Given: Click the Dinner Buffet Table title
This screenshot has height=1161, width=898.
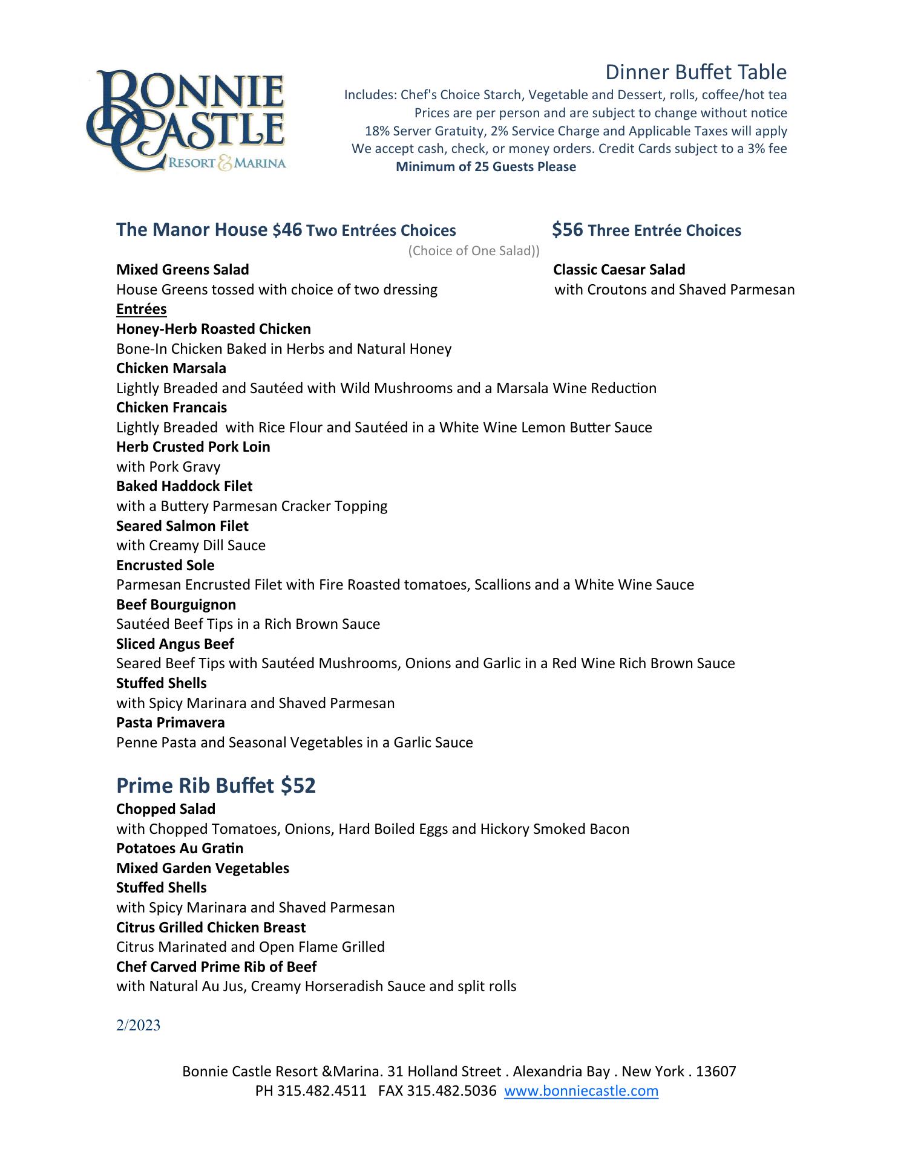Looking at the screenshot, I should [696, 73].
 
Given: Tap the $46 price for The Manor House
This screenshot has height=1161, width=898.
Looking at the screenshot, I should [287, 230].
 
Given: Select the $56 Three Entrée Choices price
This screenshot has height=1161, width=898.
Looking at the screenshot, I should [568, 230].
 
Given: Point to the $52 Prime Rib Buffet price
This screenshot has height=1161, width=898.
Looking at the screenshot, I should [298, 785].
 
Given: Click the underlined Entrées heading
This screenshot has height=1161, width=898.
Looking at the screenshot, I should [141, 309].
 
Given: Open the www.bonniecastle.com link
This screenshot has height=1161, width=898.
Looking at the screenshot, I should [581, 1091].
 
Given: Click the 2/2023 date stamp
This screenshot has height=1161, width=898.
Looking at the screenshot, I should [138, 1026].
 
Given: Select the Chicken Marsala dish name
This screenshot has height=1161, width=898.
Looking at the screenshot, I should [171, 368].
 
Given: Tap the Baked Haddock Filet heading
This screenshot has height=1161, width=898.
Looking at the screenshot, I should [184, 486].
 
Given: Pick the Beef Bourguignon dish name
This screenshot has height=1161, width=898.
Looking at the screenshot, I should [176, 605].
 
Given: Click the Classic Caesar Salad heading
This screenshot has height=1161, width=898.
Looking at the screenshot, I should [619, 270].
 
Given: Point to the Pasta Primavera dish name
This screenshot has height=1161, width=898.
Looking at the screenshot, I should [170, 723].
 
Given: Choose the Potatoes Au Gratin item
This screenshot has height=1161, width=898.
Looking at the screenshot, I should [180, 848].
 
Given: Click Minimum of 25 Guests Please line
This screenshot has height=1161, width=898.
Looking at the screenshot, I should [485, 167].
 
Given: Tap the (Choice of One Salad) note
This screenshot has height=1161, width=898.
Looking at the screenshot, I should [474, 251].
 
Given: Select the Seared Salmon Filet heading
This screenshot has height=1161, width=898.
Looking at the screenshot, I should [182, 526].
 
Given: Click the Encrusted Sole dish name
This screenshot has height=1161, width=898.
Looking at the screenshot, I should [165, 565].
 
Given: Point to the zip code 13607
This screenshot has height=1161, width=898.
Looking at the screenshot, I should [716, 1072].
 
